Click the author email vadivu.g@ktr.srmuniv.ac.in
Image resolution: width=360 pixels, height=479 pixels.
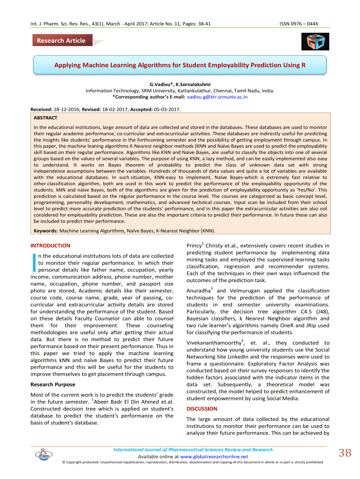pyautogui.click(x=217, y=97)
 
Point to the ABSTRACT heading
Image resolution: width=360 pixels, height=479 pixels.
pyautogui.click(x=45, y=118)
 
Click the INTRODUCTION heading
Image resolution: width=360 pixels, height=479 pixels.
pyautogui.click(x=50, y=246)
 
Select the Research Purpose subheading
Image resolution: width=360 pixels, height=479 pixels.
pyautogui.click(x=52, y=385)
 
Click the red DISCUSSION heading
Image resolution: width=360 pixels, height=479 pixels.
pyautogui.click(x=202, y=409)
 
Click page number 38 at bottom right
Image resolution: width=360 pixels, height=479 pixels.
pyautogui.click(x=345, y=453)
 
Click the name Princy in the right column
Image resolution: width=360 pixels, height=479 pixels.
pyautogui.click(x=194, y=246)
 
